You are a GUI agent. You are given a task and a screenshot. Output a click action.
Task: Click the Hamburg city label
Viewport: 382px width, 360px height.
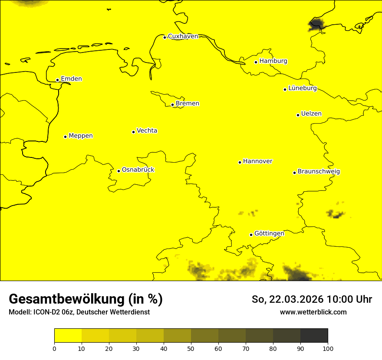coord(273,61)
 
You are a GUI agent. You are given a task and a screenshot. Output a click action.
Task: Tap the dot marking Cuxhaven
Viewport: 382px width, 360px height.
coord(165,37)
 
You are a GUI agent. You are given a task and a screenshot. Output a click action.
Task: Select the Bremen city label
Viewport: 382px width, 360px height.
coord(188,104)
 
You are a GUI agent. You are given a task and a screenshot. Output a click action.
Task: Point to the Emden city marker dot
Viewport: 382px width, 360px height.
coord(57,80)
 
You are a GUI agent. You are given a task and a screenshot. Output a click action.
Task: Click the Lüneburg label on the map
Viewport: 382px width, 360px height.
coord(302,88)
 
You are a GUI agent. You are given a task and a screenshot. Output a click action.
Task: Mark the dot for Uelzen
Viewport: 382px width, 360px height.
coord(298,115)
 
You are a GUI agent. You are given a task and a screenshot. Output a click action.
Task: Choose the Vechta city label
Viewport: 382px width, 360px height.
coord(147,131)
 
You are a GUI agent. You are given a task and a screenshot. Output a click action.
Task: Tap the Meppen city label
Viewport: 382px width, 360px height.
coord(81,136)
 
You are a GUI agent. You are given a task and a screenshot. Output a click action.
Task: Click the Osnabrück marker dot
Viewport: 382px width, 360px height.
coord(119,171)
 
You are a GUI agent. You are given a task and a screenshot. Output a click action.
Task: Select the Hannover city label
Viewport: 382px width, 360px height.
coord(257,161)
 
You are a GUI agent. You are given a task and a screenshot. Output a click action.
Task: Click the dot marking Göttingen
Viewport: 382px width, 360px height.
coord(251,235)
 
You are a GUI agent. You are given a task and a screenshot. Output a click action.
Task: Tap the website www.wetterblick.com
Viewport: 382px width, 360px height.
coord(313,312)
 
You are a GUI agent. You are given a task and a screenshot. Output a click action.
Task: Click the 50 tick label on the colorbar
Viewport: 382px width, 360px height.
coord(191,348)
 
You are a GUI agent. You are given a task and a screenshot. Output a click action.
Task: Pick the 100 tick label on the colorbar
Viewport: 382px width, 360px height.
coord(328,348)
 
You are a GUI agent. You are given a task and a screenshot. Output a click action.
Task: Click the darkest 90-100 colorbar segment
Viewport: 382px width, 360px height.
coord(314,336)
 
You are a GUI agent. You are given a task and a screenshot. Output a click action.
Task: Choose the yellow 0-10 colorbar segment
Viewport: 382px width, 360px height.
coord(68,336)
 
